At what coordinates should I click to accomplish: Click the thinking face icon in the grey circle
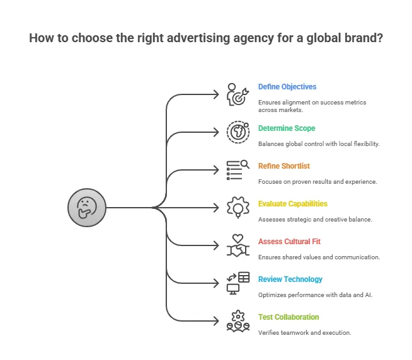(x=86, y=207)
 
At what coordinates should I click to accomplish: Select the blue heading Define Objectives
(x=287, y=87)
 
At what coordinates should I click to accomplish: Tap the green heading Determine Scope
(x=287, y=128)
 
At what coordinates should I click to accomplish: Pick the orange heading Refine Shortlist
(x=283, y=166)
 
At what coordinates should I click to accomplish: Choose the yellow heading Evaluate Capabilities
(x=293, y=204)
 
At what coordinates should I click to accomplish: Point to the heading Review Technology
(x=290, y=279)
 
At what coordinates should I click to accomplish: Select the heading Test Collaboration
(x=289, y=317)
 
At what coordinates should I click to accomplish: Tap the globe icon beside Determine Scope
(x=238, y=132)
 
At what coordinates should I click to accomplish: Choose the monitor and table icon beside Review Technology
(x=238, y=283)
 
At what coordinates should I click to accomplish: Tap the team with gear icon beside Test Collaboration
(x=238, y=321)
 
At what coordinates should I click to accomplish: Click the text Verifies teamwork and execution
(x=304, y=332)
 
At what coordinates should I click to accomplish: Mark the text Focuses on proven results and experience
(x=318, y=181)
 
